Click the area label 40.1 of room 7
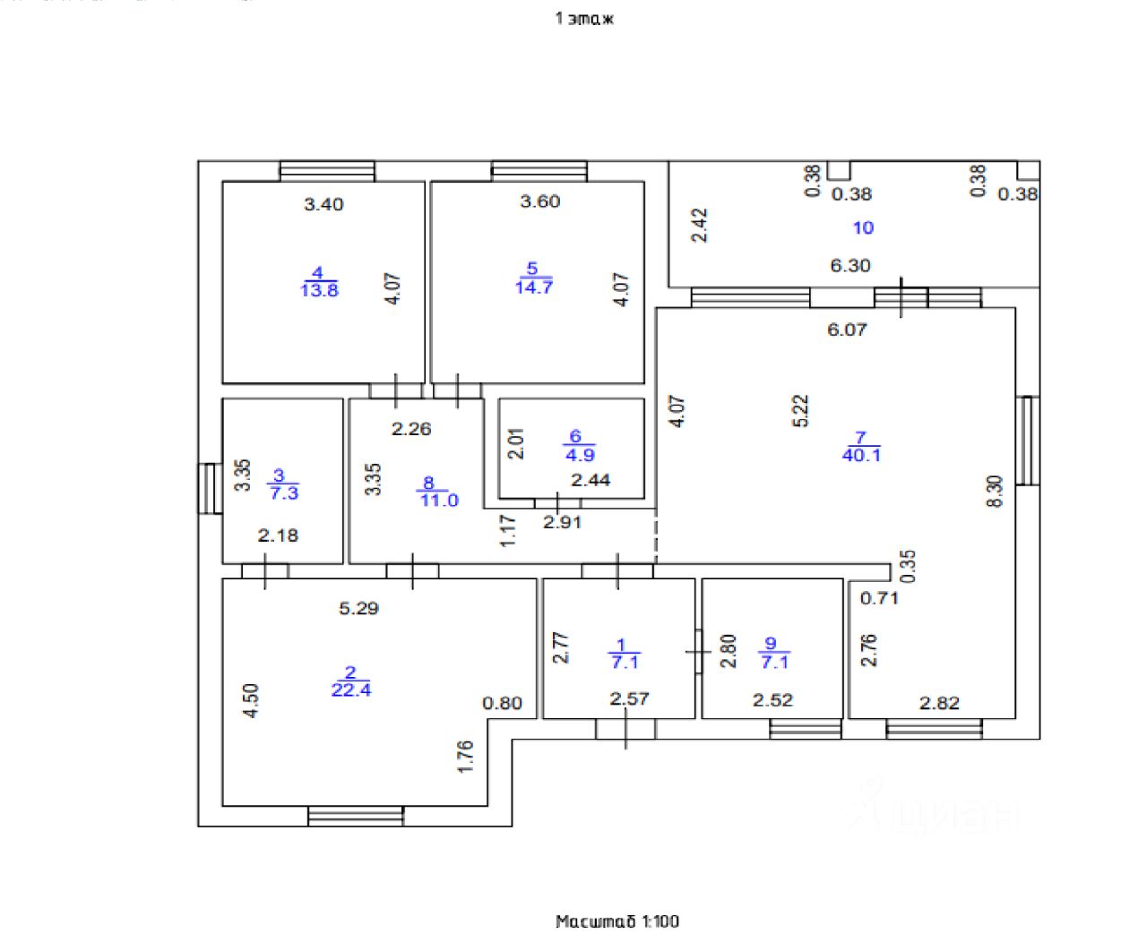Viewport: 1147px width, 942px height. tap(861, 455)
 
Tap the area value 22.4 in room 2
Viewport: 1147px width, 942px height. tap(351, 689)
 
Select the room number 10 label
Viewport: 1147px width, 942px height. tap(863, 227)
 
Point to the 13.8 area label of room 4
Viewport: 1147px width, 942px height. tap(319, 290)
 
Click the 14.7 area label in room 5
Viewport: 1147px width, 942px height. tap(533, 287)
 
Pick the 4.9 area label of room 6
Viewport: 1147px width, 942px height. tap(580, 455)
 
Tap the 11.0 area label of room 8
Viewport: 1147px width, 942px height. tap(439, 500)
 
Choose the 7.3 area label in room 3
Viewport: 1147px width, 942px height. tap(283, 492)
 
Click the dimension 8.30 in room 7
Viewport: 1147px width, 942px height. tap(995, 491)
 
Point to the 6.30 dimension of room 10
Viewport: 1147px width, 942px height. tap(850, 265)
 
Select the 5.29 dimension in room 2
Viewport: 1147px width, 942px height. tap(358, 608)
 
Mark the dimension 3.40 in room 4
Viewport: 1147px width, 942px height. tap(323, 204)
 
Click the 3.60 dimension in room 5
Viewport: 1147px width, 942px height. tap(540, 201)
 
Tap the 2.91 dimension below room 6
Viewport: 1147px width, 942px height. tap(563, 522)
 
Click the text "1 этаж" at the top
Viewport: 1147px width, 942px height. tap(584, 18)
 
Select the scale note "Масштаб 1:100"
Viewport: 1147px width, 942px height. tap(617, 921)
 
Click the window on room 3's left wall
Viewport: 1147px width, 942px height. tap(210, 488)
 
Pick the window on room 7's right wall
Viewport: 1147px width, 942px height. tap(1028, 440)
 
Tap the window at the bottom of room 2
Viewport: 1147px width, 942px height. tap(356, 816)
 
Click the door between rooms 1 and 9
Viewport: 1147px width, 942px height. tap(698, 652)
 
